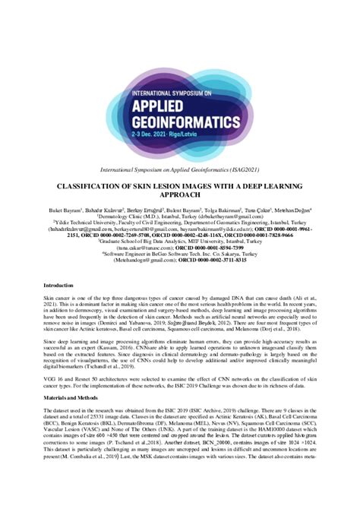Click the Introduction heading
point(58,284)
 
